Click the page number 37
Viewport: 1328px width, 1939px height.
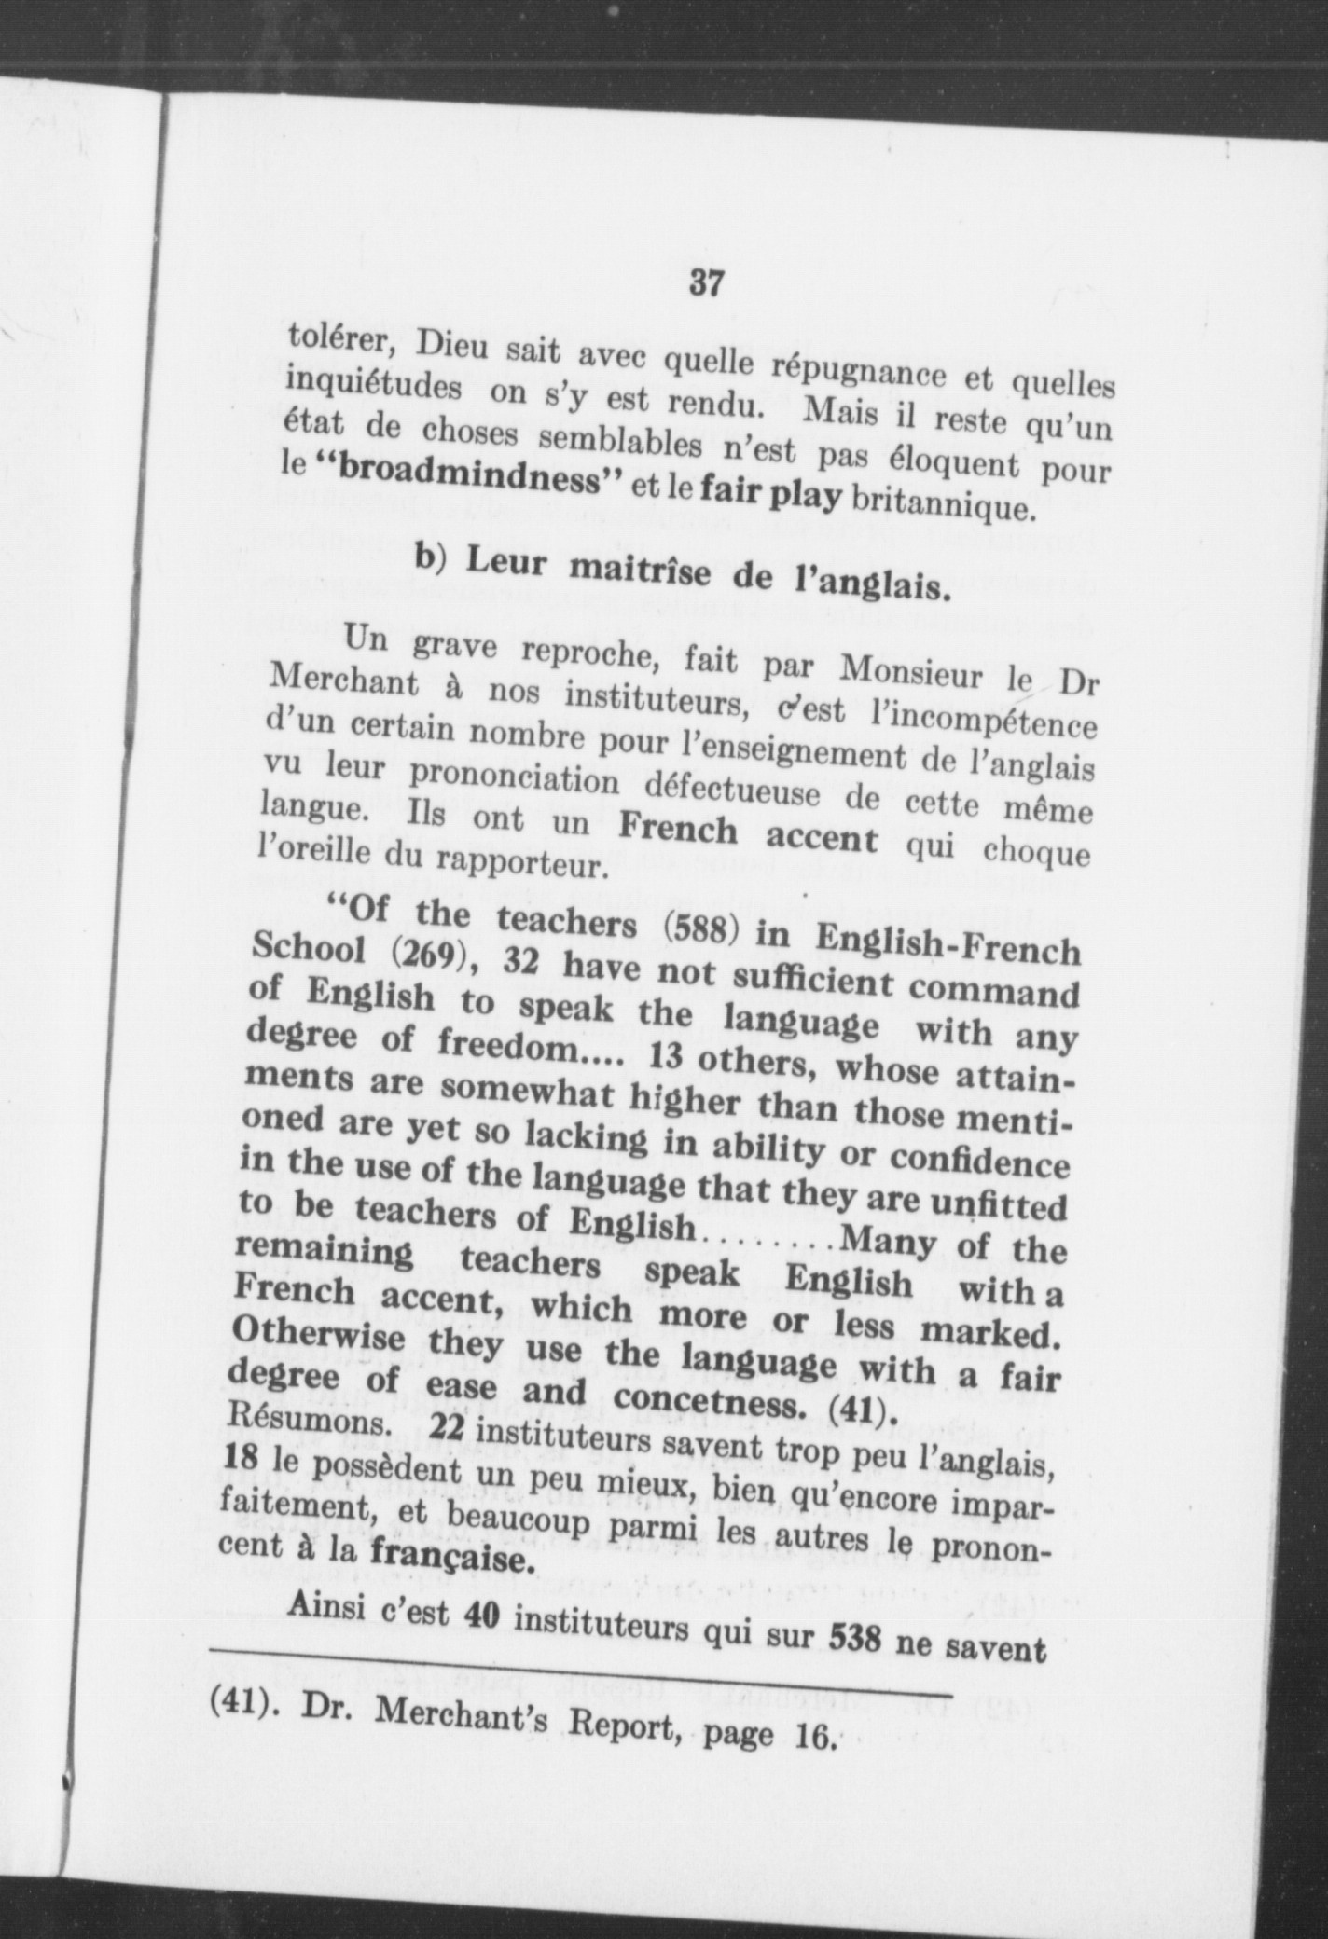coord(705,282)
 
